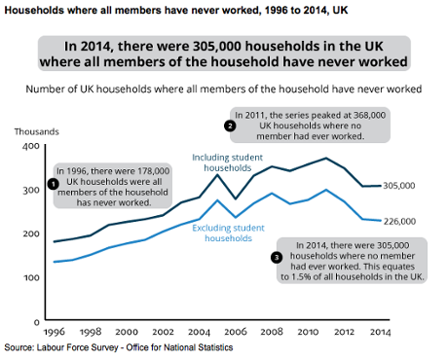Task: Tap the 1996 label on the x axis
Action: [x=54, y=331]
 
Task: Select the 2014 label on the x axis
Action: [x=382, y=331]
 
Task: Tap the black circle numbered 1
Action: [x=52, y=183]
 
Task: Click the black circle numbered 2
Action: [x=230, y=126]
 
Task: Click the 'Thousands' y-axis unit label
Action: [x=35, y=130]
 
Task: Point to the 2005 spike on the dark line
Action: [x=217, y=175]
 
